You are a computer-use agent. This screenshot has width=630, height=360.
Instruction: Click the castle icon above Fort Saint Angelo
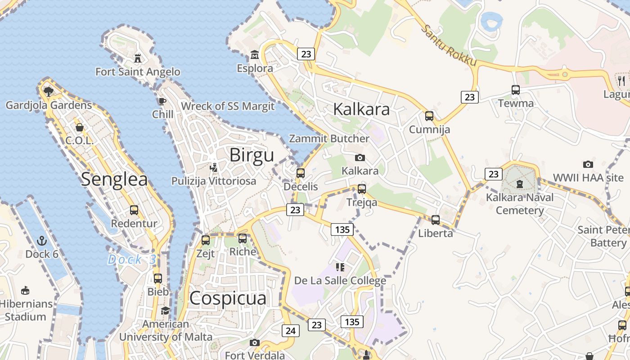pyautogui.click(x=138, y=58)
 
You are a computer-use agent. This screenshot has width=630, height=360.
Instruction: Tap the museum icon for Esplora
pyautogui.click(x=255, y=55)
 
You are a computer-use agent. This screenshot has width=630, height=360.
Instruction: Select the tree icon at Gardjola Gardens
pyautogui.click(x=48, y=92)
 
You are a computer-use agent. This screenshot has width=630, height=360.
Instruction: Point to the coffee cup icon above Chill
pyautogui.click(x=162, y=101)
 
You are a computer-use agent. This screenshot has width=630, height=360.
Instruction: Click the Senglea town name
pyautogui.click(x=114, y=180)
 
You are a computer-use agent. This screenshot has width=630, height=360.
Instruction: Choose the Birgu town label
pyautogui.click(x=252, y=155)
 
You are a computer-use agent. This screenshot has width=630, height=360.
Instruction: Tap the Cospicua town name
pyautogui.click(x=228, y=298)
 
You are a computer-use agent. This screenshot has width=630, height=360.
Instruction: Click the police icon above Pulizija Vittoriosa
pyautogui.click(x=214, y=168)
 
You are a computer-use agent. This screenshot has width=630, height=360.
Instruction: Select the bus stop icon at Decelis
pyautogui.click(x=300, y=173)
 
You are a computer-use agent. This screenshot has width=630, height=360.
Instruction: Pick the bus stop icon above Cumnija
pyautogui.click(x=429, y=116)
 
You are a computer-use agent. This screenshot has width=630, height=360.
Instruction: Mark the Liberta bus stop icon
pyautogui.click(x=435, y=220)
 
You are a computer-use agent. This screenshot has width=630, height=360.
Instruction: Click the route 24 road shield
pyautogui.click(x=290, y=331)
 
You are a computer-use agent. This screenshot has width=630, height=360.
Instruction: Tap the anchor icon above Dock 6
pyautogui.click(x=42, y=241)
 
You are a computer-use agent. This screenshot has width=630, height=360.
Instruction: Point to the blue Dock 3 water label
pyautogui.click(x=132, y=260)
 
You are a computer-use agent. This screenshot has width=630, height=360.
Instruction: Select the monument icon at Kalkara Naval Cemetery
pyautogui.click(x=520, y=184)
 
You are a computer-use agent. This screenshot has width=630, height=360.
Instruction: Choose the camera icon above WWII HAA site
pyautogui.click(x=588, y=164)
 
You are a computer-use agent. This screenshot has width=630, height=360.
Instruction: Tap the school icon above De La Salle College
pyautogui.click(x=340, y=267)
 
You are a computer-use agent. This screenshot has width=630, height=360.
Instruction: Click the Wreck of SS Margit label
pyautogui.click(x=228, y=106)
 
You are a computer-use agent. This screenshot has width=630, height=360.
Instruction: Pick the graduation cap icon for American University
pyautogui.click(x=166, y=311)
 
